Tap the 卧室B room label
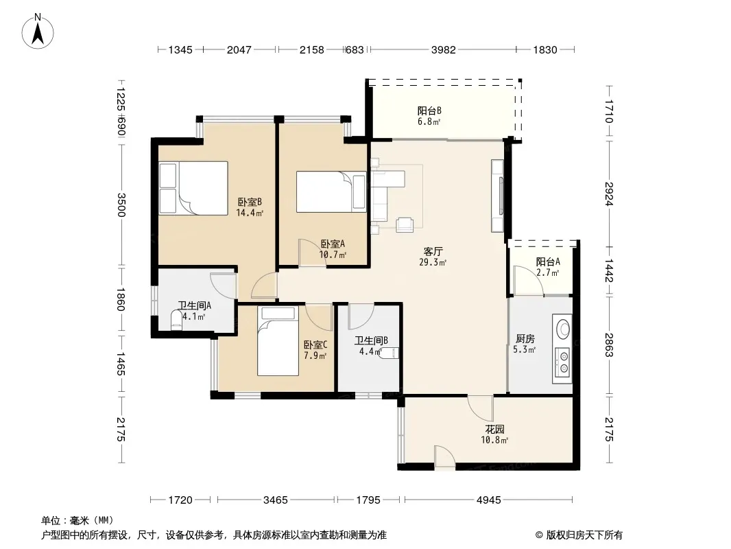(250, 202)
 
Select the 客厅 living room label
(433, 251)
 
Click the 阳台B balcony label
(429, 111)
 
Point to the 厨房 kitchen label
(525, 338)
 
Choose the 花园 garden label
(494, 429)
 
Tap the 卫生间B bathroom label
(371, 341)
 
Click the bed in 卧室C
(278, 341)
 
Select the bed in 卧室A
(331, 191)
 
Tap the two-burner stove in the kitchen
(562, 362)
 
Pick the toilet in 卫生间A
(177, 321)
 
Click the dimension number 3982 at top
(443, 49)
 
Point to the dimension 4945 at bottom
(488, 500)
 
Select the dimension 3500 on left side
(121, 205)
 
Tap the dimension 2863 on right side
(609, 344)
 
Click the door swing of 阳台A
(528, 280)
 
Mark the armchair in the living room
(405, 224)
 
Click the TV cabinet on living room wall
(497, 196)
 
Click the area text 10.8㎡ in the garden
(494, 440)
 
